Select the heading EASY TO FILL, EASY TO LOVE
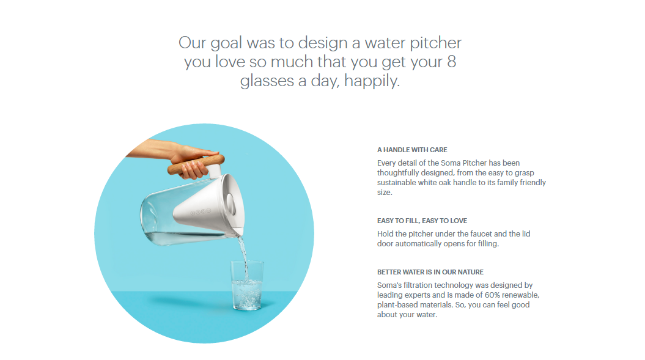pos(422,221)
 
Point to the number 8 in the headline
pos(451,62)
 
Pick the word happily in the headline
pos(372,81)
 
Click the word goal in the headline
pos(229,43)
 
